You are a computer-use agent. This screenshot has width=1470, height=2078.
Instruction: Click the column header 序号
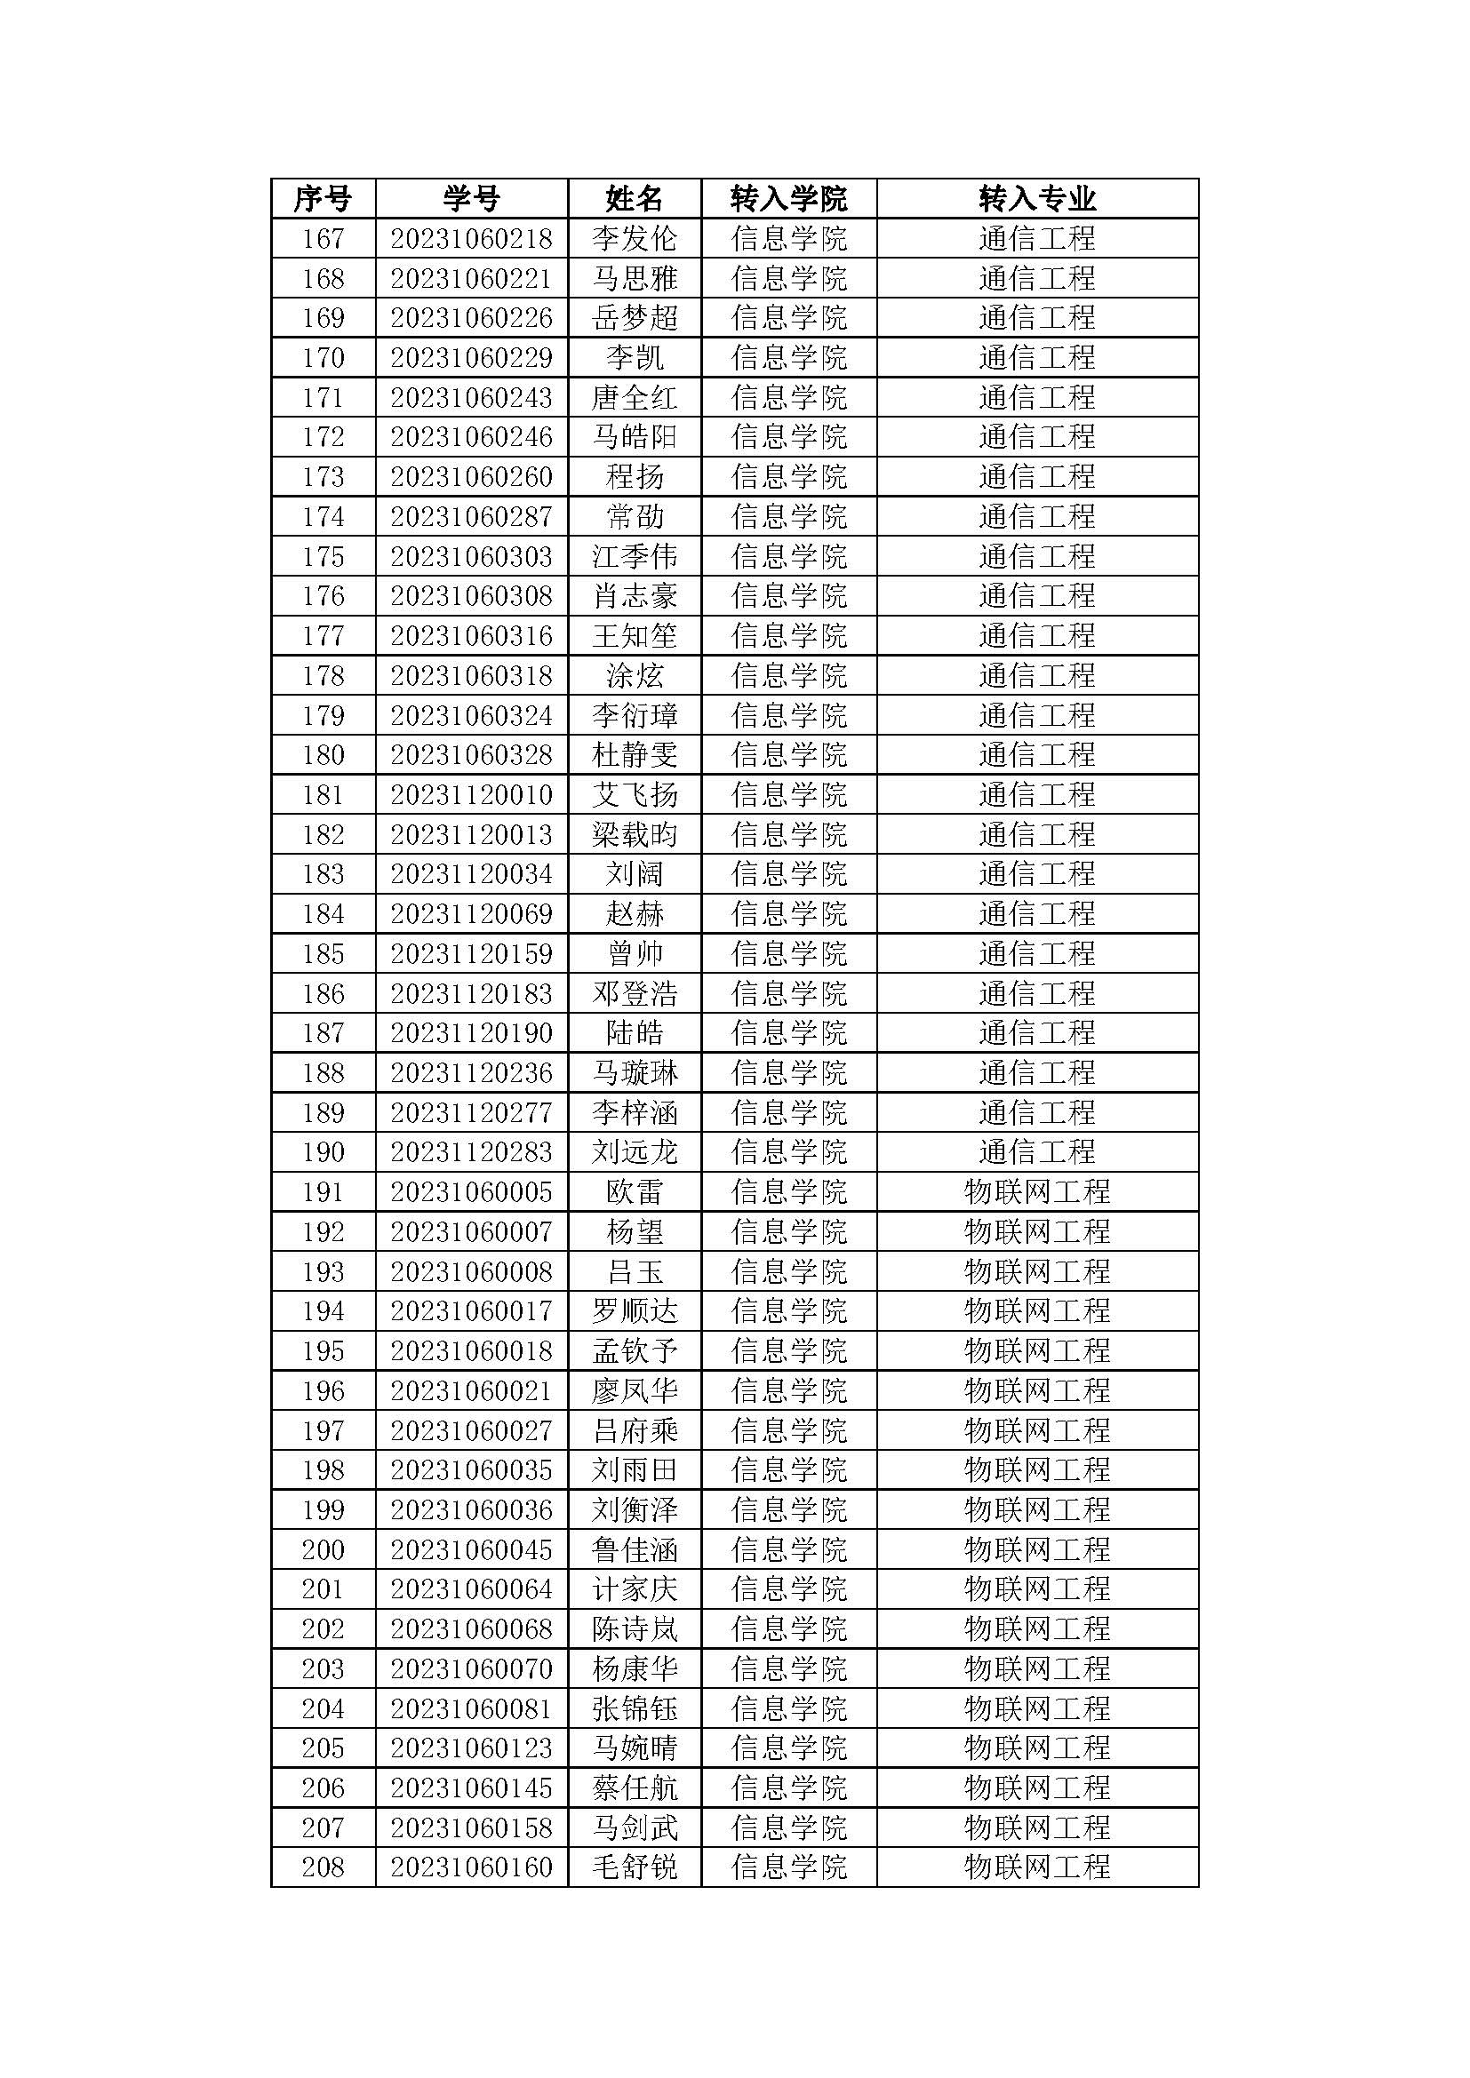coord(324,198)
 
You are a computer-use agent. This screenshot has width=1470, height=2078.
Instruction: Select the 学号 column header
coord(472,198)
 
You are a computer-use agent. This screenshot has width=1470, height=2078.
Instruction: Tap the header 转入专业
coord(1036,198)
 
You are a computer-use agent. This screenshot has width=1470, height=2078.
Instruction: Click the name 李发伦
coord(635,238)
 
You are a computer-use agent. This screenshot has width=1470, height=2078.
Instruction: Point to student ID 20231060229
coord(472,357)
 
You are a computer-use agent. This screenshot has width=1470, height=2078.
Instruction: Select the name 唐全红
coord(635,397)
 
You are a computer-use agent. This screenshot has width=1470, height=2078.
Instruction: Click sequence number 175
coord(324,555)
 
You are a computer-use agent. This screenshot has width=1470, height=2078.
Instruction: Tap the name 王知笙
coord(635,635)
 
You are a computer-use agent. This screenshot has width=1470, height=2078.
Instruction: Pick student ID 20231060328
coord(472,755)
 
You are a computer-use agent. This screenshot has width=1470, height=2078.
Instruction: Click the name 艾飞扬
coord(635,794)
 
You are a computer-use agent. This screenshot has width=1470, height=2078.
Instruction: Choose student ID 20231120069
coord(472,913)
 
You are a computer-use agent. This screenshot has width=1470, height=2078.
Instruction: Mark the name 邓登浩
coord(635,993)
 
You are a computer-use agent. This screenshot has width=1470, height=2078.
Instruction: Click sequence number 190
coord(324,1152)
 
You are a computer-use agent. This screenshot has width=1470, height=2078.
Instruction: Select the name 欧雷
coord(635,1192)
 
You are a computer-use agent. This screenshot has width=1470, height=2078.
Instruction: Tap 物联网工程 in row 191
coord(1036,1192)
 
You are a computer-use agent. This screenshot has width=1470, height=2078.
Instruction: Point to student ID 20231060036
coord(472,1509)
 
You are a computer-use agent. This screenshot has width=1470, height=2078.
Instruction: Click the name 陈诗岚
coord(635,1629)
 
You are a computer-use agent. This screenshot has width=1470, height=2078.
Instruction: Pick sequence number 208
coord(324,1867)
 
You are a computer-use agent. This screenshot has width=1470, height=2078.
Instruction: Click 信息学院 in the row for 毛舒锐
coord(788,1867)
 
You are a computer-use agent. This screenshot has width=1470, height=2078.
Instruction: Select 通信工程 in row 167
coord(1036,238)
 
